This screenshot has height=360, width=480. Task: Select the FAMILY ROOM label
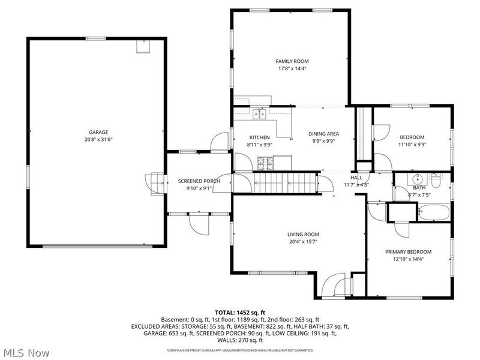coord(292,61)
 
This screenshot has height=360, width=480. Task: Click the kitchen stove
coord(266,162)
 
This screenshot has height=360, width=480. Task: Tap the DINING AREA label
coord(324,134)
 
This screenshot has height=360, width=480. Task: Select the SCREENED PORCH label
coord(199,181)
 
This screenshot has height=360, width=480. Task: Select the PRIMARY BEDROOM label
coord(408,252)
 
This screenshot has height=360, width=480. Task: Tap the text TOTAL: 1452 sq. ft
coord(240,313)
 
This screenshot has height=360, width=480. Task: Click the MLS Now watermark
coord(26,353)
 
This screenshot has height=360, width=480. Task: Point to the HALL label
coord(356,178)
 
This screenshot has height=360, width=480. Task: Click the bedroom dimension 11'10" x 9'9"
coord(412,144)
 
